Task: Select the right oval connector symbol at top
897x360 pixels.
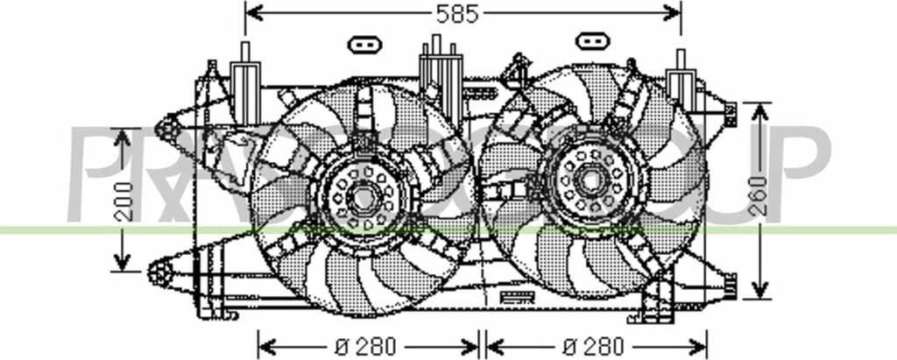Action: tap(593, 40)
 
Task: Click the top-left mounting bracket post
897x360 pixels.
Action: tap(244, 67)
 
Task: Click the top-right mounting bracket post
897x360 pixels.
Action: tap(681, 75)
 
